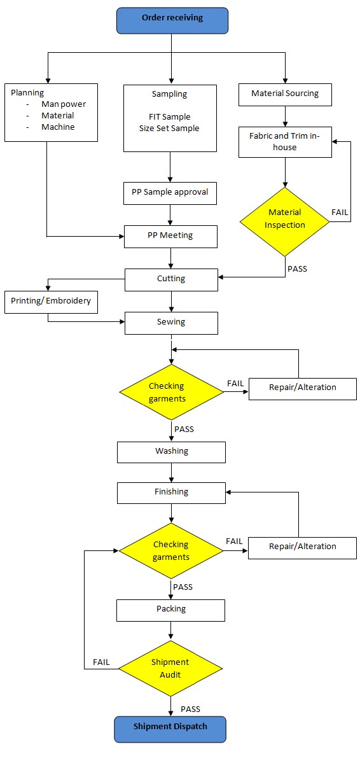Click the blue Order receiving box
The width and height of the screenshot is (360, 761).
click(172, 20)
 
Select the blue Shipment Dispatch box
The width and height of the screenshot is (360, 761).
click(170, 729)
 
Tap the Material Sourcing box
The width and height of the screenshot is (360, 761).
click(286, 95)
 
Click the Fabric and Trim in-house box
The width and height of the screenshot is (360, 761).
click(286, 142)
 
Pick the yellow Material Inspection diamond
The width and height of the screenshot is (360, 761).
click(285, 222)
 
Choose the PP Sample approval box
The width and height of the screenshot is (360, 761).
click(170, 193)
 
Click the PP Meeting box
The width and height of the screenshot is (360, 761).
click(170, 237)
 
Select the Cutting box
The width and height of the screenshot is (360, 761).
click(171, 280)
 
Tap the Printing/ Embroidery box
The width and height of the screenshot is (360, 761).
click(51, 302)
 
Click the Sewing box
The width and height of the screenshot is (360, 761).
click(171, 323)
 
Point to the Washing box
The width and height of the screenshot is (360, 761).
click(171, 452)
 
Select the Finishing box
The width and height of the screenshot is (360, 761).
click(171, 492)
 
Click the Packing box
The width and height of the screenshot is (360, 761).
click(171, 610)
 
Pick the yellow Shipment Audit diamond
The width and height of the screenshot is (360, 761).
click(170, 669)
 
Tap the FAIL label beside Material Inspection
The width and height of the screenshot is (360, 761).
click(340, 212)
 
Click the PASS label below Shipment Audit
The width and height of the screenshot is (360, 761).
click(190, 709)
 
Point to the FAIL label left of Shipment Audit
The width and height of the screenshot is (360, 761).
click(101, 662)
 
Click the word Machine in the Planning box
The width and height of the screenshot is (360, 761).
click(58, 127)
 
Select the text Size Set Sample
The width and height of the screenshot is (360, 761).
click(170, 129)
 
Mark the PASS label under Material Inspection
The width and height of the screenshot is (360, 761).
click(297, 268)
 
